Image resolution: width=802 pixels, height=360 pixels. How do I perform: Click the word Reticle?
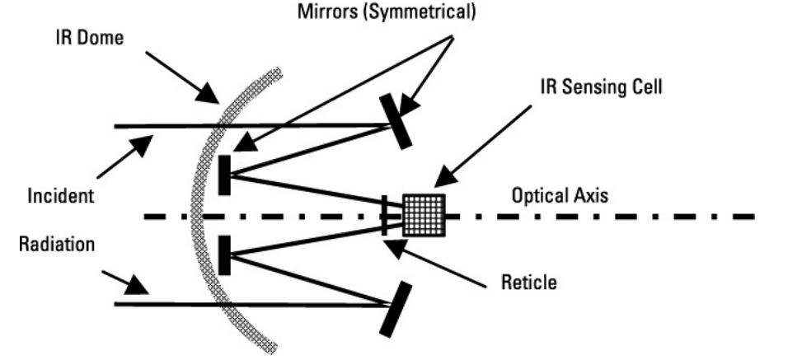coord(529,283)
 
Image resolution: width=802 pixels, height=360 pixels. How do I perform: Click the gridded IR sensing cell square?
coord(424,216)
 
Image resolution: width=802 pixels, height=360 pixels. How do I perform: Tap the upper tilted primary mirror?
coord(395,121)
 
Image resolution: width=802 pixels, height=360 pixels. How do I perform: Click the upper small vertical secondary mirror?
coord(224,174)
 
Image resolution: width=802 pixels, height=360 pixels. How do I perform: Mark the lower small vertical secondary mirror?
coord(224,255)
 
